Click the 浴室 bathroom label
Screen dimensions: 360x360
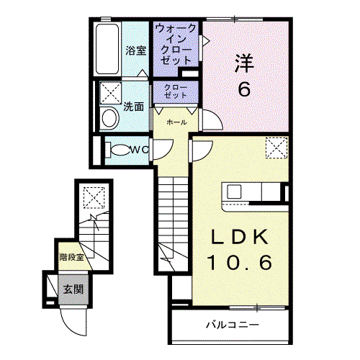[136, 50]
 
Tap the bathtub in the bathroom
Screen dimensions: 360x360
[107, 49]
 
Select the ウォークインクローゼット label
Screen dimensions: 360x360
[176, 45]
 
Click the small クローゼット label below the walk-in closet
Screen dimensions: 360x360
[176, 91]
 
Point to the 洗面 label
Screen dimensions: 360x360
[133, 107]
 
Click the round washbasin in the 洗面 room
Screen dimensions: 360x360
[109, 118]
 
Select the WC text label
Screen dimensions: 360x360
[139, 150]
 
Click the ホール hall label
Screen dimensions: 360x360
[176, 122]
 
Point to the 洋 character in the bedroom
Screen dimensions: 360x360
[244, 63]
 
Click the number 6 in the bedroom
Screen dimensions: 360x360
[244, 89]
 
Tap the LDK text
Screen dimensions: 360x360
[240, 237]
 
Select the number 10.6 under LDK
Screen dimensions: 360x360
[240, 262]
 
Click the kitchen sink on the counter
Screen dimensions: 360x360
[234, 192]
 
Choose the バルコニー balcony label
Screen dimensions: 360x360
[233, 325]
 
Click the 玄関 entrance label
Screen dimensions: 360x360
[73, 289]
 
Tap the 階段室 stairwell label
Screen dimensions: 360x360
[72, 257]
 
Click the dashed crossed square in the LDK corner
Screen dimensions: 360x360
[276, 148]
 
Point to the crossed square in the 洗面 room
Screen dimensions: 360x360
[111, 93]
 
